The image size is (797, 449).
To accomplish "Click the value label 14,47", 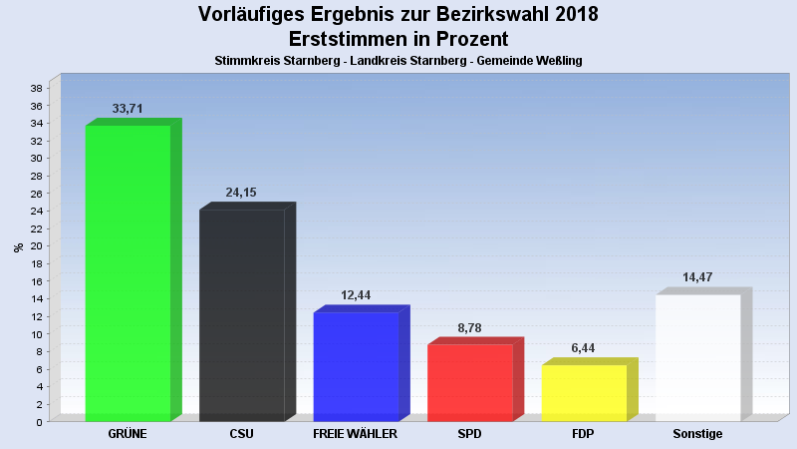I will tap(697, 277).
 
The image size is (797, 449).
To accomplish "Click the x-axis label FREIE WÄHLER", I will tap(356, 435).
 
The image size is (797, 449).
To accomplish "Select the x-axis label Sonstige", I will tap(697, 435).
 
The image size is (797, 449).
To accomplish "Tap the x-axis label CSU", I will tap(241, 435).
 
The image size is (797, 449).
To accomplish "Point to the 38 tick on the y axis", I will tap(35, 88).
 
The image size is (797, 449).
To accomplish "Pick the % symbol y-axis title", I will tap(18, 246).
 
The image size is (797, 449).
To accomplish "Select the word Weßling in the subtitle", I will tap(559, 61).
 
